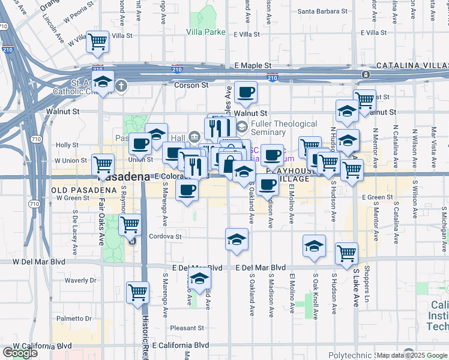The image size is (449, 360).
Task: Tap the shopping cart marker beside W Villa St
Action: pyautogui.click(x=97, y=42)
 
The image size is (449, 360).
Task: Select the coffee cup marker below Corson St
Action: pyautogui.click(x=246, y=92)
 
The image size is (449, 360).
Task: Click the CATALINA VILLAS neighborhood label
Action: pyautogui.click(x=411, y=65)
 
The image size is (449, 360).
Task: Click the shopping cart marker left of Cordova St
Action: pyautogui.click(x=130, y=225)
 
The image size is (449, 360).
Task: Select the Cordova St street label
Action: pyautogui.click(x=165, y=236)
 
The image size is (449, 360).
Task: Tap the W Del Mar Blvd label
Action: pyautogui.click(x=39, y=262)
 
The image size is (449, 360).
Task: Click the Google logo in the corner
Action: pyautogui.click(x=20, y=353)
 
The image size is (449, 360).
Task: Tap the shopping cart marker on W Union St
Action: pyautogui.click(x=103, y=163)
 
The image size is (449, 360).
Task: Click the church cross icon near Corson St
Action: pyautogui.click(x=122, y=85)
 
